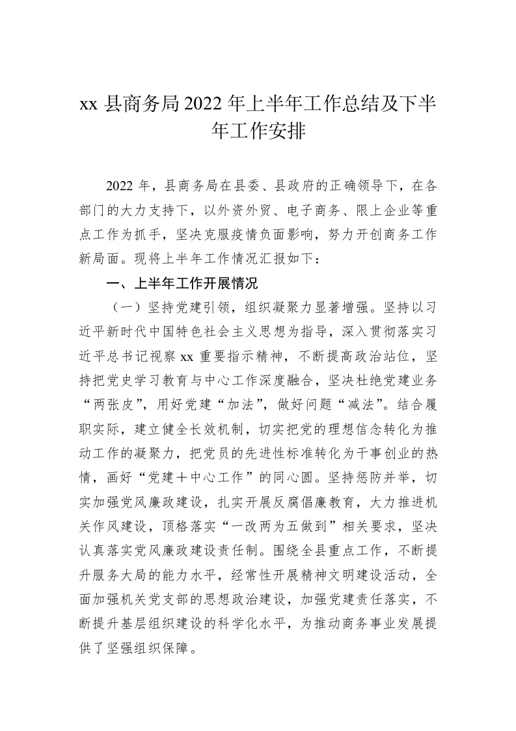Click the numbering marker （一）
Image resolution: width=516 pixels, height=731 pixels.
tap(124, 307)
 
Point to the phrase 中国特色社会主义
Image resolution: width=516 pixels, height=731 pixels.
tap(217, 331)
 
